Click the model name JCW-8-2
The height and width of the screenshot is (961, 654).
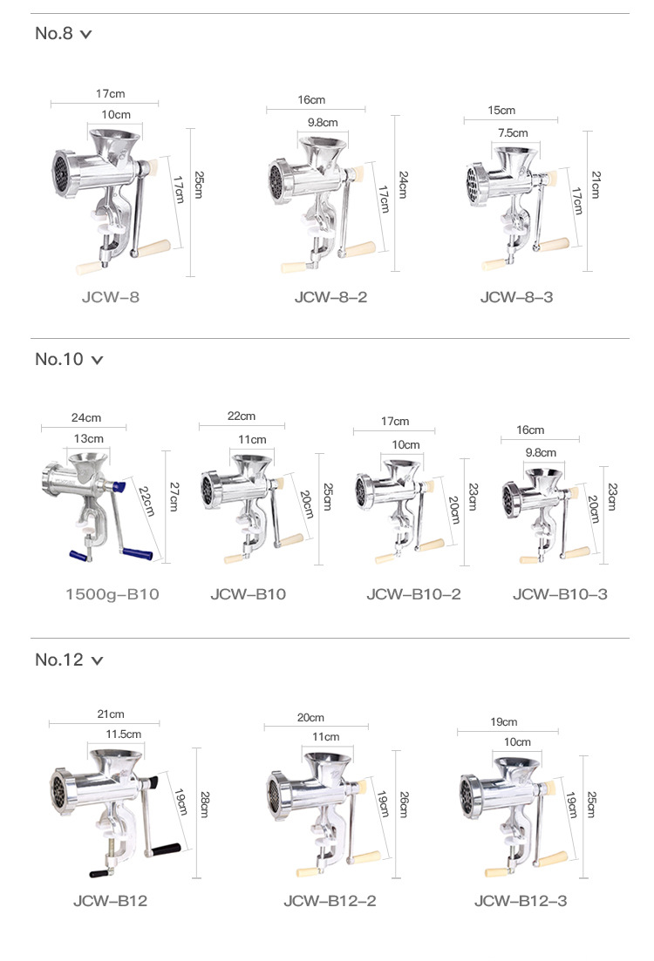click(330, 297)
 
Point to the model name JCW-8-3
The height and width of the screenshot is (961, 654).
click(516, 297)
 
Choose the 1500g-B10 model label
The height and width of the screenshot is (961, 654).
click(112, 594)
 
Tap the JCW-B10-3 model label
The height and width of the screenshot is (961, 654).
click(560, 594)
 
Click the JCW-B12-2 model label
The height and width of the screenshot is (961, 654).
click(330, 900)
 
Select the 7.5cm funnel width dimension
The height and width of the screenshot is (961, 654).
click(513, 133)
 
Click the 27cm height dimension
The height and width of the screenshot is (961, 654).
click(174, 497)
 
